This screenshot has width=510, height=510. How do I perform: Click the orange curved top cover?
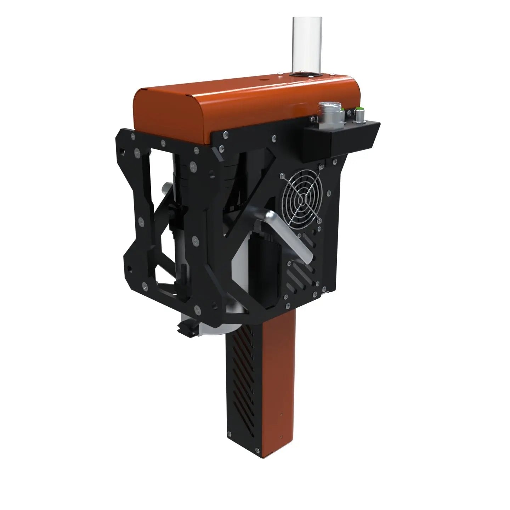click(x=212, y=106)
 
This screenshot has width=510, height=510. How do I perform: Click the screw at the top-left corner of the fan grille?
click(x=282, y=176)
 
